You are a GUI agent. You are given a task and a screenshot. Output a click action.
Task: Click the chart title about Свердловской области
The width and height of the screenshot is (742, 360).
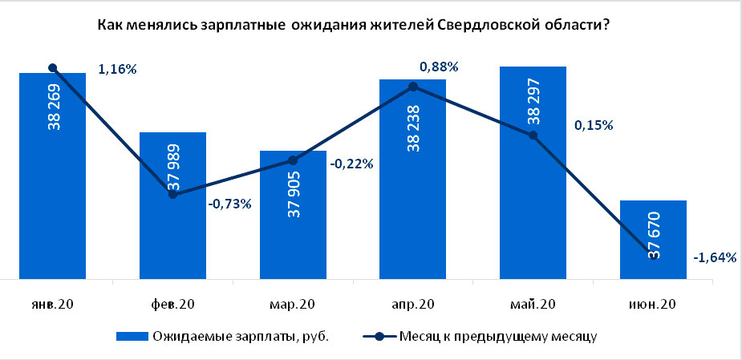351,26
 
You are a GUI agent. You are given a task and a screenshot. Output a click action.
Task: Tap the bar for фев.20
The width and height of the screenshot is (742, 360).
172,233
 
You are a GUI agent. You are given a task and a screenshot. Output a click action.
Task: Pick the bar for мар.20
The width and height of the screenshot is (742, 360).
293,241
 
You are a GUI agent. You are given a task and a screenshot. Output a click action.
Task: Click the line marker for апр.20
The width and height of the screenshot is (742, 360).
413,87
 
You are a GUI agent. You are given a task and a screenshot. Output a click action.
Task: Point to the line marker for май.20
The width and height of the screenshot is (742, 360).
533,136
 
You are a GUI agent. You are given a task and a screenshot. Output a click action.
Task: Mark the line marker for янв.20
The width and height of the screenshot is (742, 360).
52,68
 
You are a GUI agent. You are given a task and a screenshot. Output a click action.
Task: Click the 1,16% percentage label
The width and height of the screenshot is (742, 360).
117,70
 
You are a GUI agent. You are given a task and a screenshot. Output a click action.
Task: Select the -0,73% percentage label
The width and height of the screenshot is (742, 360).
230,204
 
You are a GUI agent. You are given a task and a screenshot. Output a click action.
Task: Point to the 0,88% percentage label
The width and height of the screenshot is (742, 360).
439,67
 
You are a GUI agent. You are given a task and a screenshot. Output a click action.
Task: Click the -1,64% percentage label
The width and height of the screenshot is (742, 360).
714,257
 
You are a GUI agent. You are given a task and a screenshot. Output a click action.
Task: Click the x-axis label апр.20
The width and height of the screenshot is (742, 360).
413,304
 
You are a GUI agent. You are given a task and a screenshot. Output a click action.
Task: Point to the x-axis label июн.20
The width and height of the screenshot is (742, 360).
654,304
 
